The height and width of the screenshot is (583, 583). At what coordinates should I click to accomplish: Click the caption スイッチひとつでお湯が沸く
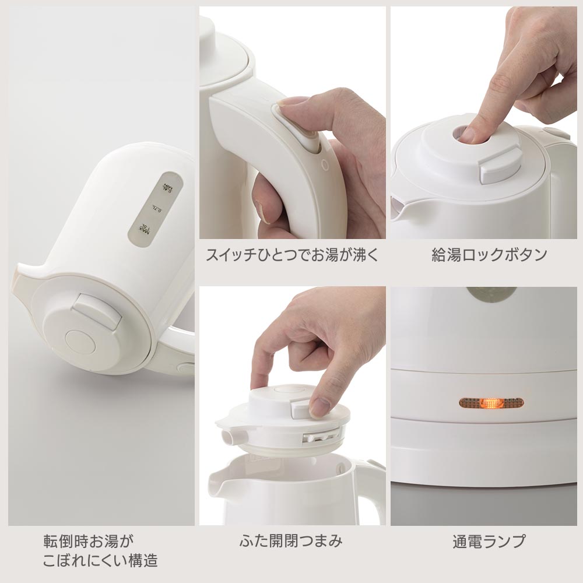[292, 255]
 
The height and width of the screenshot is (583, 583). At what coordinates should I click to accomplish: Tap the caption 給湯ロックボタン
[489, 255]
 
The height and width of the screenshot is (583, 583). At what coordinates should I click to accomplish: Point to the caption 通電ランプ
[489, 542]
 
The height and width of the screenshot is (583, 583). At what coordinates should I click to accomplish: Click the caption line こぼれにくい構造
[100, 560]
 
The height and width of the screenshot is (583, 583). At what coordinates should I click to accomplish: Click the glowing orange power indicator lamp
[491, 402]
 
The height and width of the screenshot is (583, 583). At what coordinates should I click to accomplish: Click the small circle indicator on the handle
[325, 165]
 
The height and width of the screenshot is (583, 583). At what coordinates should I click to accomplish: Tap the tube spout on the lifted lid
[233, 436]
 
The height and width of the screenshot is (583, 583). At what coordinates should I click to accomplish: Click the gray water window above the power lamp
[491, 293]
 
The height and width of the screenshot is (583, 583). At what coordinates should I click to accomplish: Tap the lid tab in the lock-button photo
[498, 167]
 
